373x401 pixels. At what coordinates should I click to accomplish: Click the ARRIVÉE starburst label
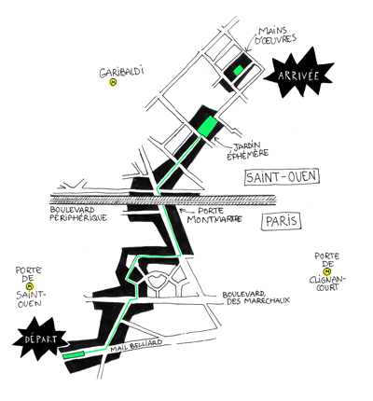(298, 75)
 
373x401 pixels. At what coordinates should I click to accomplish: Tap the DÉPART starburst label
(40, 339)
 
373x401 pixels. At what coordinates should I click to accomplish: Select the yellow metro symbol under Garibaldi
(113, 83)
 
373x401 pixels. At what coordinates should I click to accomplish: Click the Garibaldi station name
(121, 72)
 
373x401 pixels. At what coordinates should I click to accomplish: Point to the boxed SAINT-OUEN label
(282, 177)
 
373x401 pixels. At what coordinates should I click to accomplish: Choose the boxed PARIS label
(282, 221)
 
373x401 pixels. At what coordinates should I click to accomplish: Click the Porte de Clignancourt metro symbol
(327, 271)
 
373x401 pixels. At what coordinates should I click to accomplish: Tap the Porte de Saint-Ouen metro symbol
(30, 286)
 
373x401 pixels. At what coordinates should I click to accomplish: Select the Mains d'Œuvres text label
(275, 35)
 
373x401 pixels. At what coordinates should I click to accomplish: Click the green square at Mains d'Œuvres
(239, 70)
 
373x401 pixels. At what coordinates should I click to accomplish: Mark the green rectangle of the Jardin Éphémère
(208, 126)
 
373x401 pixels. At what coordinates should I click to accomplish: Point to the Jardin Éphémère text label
(247, 150)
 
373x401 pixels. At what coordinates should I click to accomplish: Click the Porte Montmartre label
(214, 215)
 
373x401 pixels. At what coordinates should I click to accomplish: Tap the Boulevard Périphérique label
(78, 214)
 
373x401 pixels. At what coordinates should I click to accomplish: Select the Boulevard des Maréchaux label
(256, 297)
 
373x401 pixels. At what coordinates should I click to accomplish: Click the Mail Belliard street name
(136, 346)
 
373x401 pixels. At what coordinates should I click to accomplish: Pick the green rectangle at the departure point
(74, 355)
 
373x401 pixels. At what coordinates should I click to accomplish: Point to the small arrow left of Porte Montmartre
(183, 210)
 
